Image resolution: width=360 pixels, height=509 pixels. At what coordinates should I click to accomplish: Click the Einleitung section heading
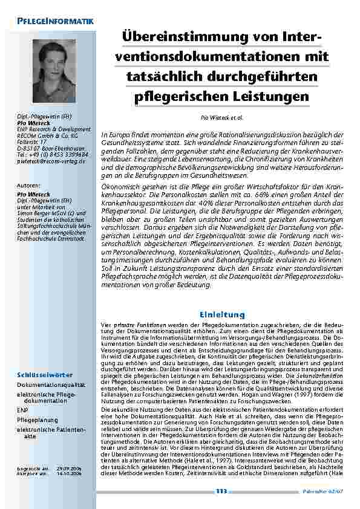coord(223,314)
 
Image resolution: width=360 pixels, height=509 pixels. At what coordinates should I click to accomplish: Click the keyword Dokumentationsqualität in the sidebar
coord(51,384)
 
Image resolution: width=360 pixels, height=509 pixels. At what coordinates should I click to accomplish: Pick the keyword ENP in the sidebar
coord(22,409)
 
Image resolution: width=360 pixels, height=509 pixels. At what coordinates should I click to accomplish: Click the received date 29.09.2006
coord(71,468)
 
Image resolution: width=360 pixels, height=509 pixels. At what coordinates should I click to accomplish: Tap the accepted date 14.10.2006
coord(71,474)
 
